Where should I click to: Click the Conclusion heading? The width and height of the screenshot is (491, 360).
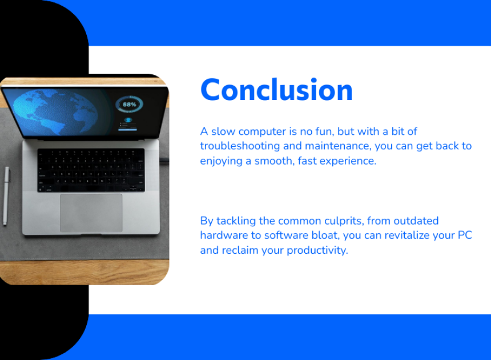pyautogui.click(x=276, y=90)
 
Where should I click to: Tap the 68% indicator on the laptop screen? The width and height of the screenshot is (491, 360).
pyautogui.click(x=130, y=105)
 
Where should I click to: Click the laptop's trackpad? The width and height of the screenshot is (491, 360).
pyautogui.click(x=91, y=213)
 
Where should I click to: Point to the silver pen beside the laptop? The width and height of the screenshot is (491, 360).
pyautogui.click(x=6, y=196)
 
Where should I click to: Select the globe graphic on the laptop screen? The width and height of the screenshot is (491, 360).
pyautogui.click(x=56, y=112)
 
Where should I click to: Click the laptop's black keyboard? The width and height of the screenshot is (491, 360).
pyautogui.click(x=91, y=170)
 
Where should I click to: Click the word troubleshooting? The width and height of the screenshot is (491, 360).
pyautogui.click(x=240, y=146)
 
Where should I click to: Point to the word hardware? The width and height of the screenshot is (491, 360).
pyautogui.click(x=224, y=235)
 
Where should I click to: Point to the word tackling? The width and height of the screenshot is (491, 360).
pyautogui.click(x=236, y=221)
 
